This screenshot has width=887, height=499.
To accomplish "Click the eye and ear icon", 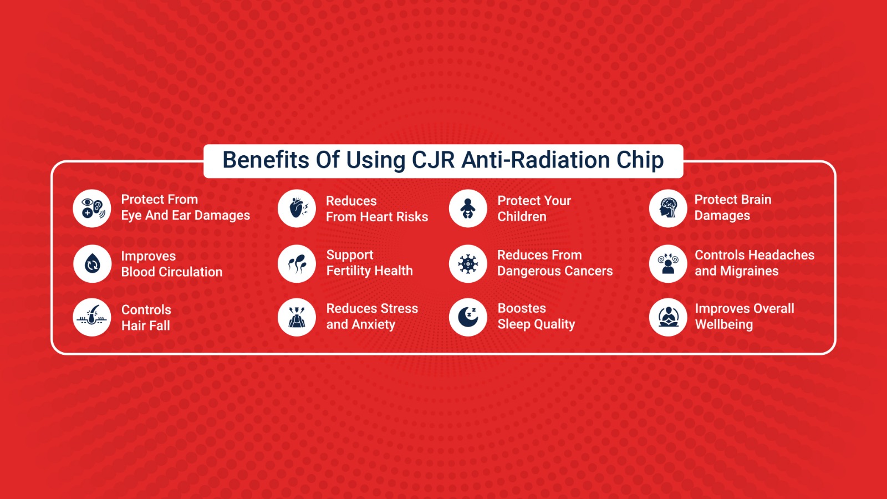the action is [x=92, y=208].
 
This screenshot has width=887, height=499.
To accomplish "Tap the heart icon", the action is [x=297, y=208].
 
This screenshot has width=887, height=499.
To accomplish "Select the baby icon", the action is [x=468, y=208].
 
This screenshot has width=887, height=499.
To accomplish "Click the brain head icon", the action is [x=668, y=208].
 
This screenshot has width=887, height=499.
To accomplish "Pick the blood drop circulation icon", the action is [x=92, y=264].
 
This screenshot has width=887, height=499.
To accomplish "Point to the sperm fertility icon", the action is [x=297, y=264].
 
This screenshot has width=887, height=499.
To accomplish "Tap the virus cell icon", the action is [x=468, y=264].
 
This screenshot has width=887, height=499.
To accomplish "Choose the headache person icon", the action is [x=668, y=264].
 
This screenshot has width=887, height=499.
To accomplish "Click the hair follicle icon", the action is [x=92, y=317].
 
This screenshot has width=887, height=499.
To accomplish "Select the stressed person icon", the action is [x=297, y=317].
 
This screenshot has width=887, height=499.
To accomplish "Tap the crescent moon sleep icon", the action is [x=468, y=317].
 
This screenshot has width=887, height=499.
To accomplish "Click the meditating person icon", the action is [x=668, y=317].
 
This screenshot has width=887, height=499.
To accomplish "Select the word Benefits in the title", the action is [x=266, y=160].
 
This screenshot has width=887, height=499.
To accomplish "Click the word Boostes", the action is [x=522, y=308].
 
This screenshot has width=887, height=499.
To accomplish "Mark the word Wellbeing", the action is [x=724, y=325].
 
